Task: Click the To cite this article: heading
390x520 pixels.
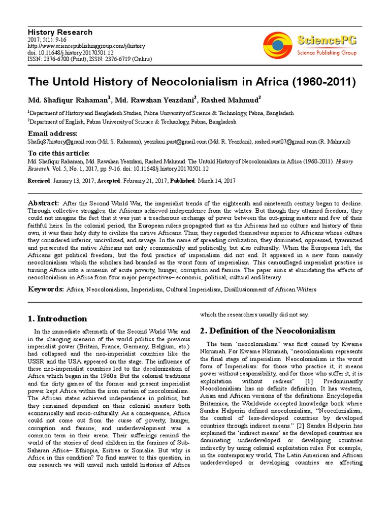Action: tap(58, 153)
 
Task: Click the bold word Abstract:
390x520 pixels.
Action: tap(44, 203)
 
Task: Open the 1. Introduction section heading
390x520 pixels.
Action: tap(57, 319)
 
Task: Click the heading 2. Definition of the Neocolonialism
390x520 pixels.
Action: tap(268, 331)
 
